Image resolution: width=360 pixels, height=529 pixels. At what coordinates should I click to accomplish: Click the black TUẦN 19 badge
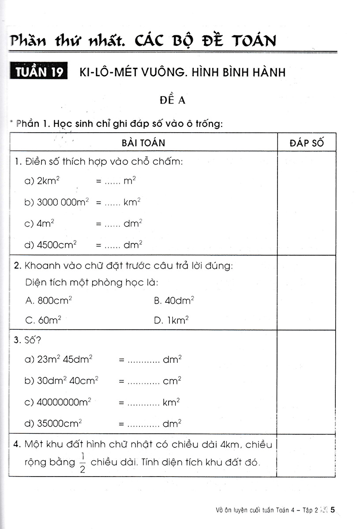(39, 72)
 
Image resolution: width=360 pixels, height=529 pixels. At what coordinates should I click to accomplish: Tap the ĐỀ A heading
(172, 100)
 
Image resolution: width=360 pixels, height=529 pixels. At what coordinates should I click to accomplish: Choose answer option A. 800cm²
(49, 301)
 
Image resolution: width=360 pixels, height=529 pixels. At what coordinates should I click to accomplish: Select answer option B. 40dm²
(174, 301)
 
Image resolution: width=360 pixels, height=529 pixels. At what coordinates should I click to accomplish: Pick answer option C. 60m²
(43, 320)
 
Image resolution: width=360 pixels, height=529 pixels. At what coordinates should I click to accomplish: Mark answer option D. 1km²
(172, 320)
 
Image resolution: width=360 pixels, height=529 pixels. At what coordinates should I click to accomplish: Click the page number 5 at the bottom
(334, 510)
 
